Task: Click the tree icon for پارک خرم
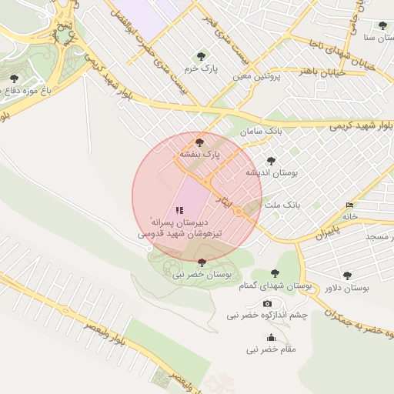point(202,55)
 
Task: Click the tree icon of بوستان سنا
point(382,25)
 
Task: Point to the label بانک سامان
point(261,131)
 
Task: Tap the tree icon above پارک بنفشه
point(200,142)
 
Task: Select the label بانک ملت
point(280,205)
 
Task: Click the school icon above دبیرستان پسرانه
point(179,209)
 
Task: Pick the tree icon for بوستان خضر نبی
point(202,262)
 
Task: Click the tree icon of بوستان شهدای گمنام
point(275,273)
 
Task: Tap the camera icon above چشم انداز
point(267,304)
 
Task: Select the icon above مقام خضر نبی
point(270,337)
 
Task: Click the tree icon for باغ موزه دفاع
point(14,78)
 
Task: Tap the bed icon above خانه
point(350,205)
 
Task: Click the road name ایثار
point(222,202)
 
